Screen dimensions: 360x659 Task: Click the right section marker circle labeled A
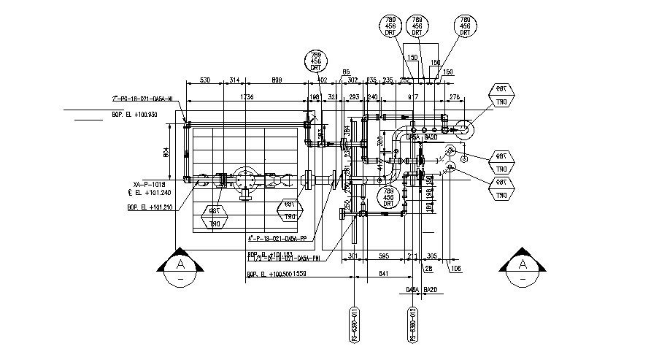(x=522, y=267)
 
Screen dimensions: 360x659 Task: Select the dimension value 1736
(x=246, y=96)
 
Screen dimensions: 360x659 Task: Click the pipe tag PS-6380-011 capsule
(x=354, y=325)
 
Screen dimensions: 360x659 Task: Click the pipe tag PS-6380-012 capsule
(x=412, y=325)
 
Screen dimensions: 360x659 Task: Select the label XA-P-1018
(x=149, y=185)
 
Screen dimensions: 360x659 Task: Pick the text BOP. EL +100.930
(x=134, y=115)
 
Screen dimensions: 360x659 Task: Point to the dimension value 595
(x=384, y=256)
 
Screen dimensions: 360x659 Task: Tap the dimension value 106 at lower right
(x=457, y=269)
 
